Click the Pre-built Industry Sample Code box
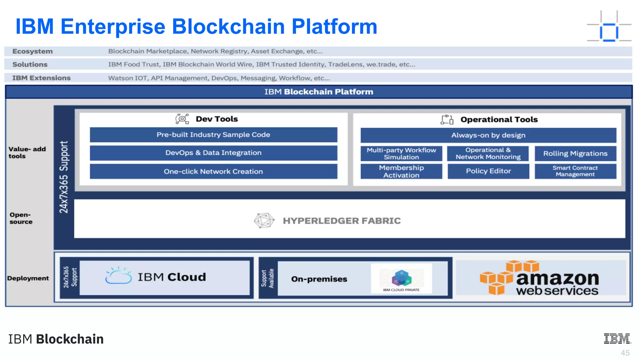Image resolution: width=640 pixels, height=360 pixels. [x=213, y=135]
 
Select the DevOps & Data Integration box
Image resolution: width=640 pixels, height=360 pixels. [x=213, y=153]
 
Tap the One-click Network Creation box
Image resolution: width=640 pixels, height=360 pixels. [x=213, y=171]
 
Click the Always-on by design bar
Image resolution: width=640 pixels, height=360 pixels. [x=488, y=135]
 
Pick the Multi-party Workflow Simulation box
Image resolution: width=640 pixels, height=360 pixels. [x=401, y=153]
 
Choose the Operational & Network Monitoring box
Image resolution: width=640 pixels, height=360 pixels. [x=488, y=153]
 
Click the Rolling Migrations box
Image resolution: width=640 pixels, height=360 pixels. [x=575, y=153]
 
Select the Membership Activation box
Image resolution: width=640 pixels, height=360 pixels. [x=401, y=171]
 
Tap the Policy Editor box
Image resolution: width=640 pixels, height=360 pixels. [x=488, y=171]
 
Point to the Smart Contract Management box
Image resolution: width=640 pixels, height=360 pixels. [x=575, y=171]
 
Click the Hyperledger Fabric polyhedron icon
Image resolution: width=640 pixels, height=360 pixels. [x=264, y=220]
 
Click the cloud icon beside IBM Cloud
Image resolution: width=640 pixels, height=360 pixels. [x=118, y=275]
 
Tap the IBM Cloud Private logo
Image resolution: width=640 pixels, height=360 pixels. [x=401, y=278]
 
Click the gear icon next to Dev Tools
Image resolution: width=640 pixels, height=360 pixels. [x=182, y=119]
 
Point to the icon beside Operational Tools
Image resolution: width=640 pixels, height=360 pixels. [x=447, y=119]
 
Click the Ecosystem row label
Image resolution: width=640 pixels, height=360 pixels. [x=32, y=51]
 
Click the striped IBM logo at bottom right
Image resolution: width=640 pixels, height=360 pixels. [x=617, y=338]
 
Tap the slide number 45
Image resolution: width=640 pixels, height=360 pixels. [x=625, y=353]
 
